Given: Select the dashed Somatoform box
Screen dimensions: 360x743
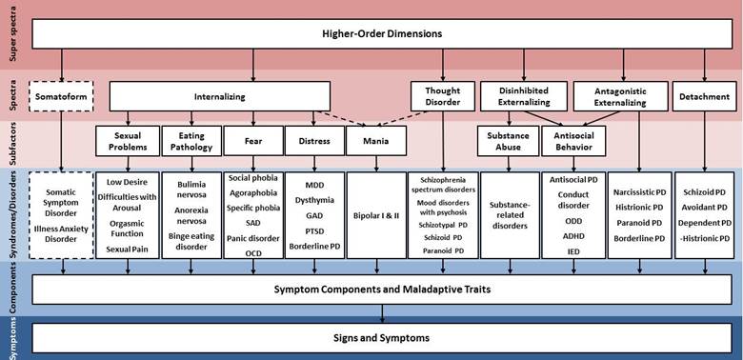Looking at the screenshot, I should click(x=61, y=96).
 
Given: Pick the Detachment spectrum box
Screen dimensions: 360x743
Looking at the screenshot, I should click(x=704, y=96).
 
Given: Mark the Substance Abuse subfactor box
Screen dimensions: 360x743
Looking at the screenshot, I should click(x=507, y=141).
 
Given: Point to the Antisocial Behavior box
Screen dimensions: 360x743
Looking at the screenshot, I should click(x=572, y=141).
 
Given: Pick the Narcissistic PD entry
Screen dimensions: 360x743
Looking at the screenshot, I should click(x=638, y=191).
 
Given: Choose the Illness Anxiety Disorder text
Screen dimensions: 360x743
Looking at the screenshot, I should click(x=61, y=233).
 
